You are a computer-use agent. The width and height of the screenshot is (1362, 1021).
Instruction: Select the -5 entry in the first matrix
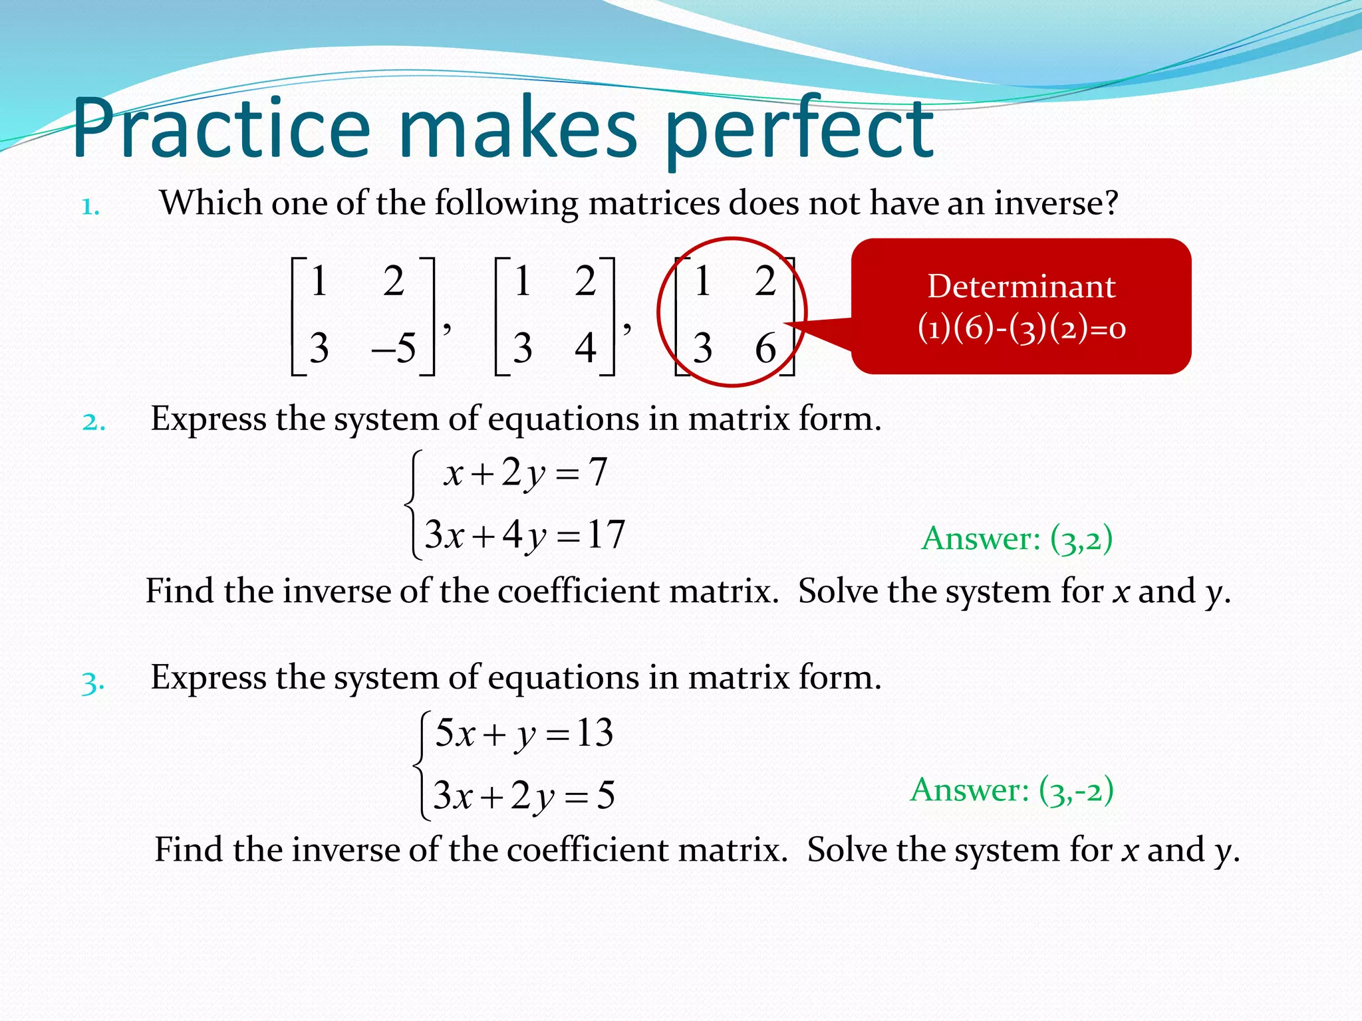click(x=395, y=348)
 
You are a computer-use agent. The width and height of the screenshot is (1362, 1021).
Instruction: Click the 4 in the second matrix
click(x=585, y=348)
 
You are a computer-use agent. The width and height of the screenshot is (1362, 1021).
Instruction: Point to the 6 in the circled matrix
click(x=765, y=348)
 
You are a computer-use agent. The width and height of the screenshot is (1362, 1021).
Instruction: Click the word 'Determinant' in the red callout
click(x=1021, y=286)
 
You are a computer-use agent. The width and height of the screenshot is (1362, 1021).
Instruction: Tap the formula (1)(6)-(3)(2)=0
click(x=1021, y=328)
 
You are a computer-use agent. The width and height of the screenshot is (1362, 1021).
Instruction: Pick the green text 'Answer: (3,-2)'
click(x=1012, y=791)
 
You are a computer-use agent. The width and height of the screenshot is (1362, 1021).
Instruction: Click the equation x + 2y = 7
click(x=525, y=473)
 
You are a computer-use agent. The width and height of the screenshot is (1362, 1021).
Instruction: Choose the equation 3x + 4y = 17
click(x=525, y=535)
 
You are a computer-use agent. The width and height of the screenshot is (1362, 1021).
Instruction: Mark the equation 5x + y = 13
click(x=524, y=734)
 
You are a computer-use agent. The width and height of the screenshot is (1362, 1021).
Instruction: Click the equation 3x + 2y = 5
click(x=524, y=796)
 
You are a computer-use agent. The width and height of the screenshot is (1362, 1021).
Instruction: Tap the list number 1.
click(x=90, y=207)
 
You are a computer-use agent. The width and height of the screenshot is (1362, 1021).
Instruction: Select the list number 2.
click(x=94, y=422)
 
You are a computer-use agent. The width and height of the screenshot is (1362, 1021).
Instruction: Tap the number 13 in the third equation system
click(x=595, y=733)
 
